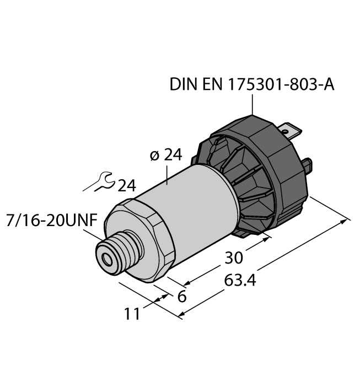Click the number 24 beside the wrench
pyautogui.click(x=126, y=185)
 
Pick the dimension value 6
pyautogui.click(x=180, y=296)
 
